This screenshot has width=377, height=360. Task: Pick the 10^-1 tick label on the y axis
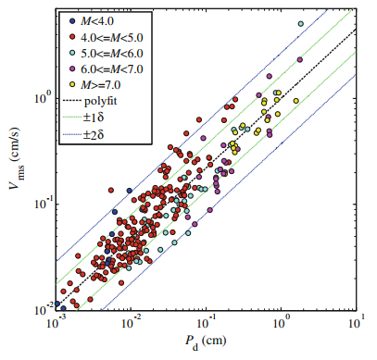[x=41, y=202]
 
